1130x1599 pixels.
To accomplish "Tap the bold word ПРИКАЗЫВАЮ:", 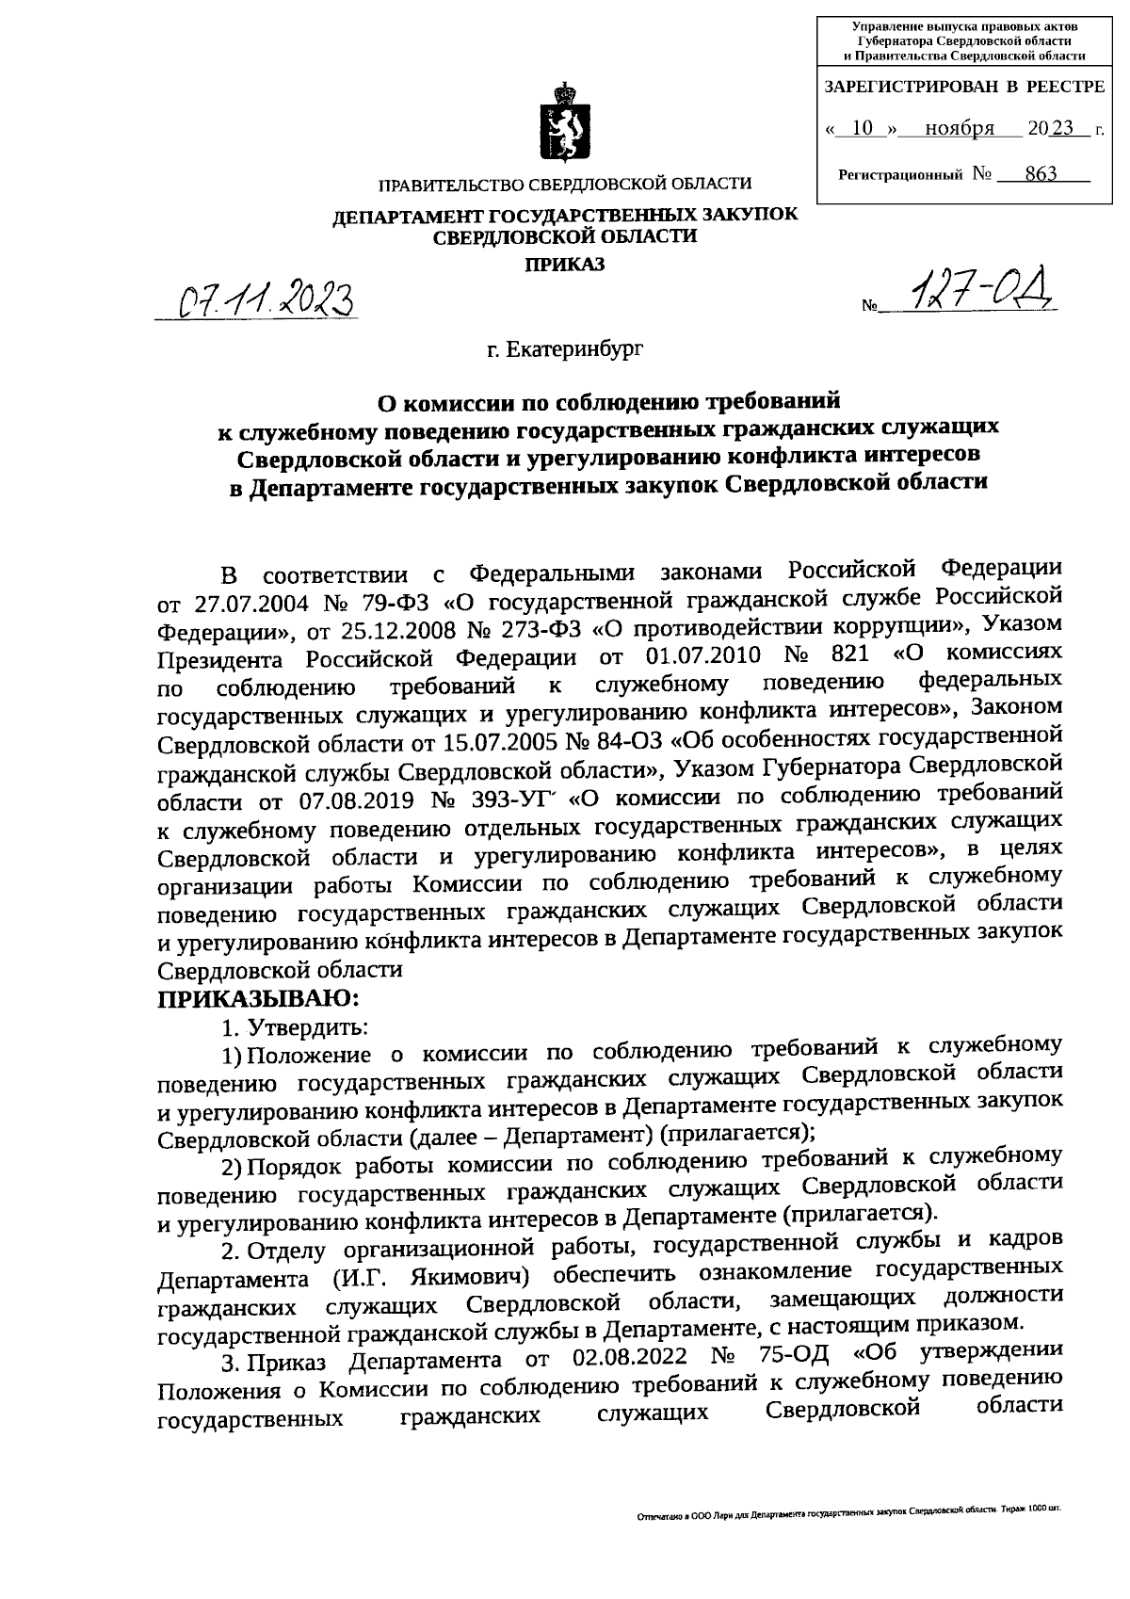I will [258, 997].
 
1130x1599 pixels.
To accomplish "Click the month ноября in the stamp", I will [959, 129].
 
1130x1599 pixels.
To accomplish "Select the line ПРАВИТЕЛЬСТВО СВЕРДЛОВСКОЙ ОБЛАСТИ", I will [564, 185].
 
